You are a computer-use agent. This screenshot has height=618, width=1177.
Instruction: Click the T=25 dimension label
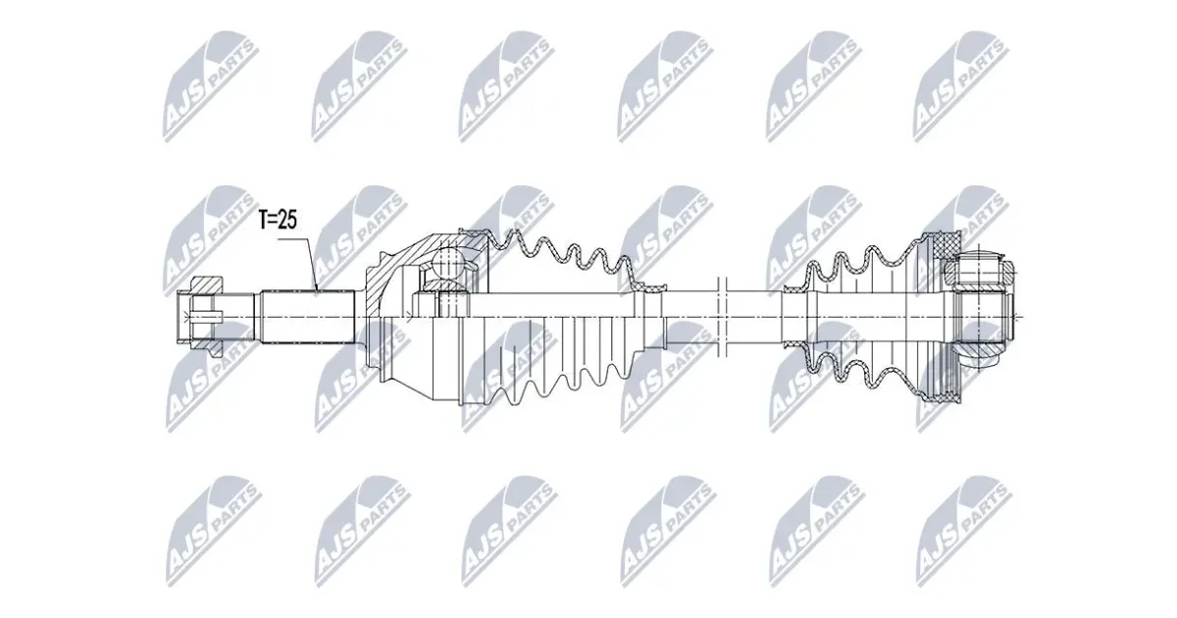click(278, 220)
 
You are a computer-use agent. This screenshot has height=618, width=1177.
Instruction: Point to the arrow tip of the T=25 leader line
click(318, 290)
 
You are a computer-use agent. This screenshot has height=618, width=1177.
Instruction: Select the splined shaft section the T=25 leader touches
click(308, 317)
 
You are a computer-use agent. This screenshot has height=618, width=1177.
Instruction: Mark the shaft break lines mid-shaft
click(721, 317)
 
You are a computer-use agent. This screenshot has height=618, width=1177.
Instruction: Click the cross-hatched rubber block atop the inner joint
click(949, 243)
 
